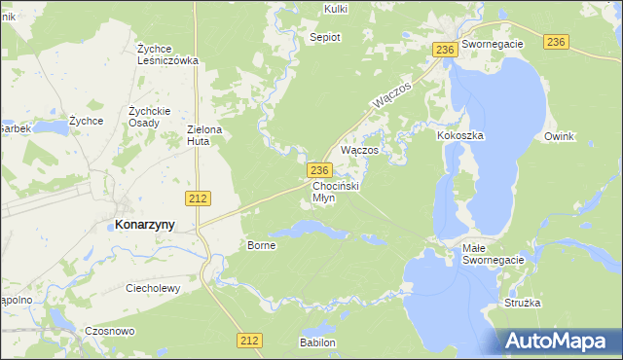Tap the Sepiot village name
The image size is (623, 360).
tap(324, 37)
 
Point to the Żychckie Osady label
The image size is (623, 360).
tap(149, 117)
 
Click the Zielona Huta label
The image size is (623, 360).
tap(205, 135)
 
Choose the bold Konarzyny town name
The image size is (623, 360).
tap(145, 224)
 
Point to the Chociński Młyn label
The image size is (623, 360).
tap(336, 191)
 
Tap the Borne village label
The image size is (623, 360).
tap(262, 245)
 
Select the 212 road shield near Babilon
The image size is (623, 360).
tap(249, 340)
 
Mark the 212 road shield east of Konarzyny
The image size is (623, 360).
tap(198, 198)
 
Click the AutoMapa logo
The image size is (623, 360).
tap(561, 341)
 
